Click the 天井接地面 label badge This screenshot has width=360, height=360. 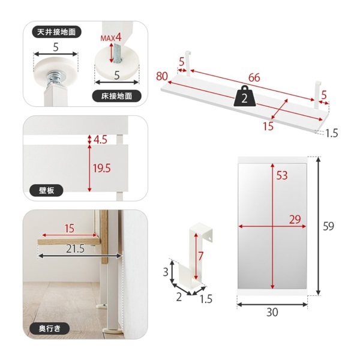[x=56, y=32]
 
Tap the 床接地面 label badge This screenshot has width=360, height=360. [x=116, y=96]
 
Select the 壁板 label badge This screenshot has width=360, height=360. [x=46, y=190]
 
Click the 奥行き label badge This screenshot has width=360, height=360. [x=50, y=329]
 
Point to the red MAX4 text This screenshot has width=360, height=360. [x=111, y=37]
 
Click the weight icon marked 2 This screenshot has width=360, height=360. [x=245, y=96]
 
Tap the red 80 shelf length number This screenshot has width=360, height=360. [x=162, y=76]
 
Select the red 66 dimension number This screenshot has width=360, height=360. [x=254, y=77]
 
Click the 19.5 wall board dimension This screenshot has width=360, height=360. [x=102, y=168]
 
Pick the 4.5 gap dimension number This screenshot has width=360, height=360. [x=100, y=140]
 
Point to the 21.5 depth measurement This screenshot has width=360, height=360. [x=76, y=248]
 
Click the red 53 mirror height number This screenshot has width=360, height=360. [x=282, y=175]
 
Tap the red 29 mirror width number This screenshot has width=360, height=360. [x=295, y=220]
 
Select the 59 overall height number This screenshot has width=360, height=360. [x=328, y=226]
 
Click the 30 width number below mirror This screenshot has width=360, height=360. [x=272, y=312]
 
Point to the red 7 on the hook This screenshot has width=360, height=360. [x=201, y=256]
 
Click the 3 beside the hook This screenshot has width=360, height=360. [x=166, y=272]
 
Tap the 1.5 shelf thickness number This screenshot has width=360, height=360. [x=332, y=133]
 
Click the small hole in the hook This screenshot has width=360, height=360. [x=210, y=239]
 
